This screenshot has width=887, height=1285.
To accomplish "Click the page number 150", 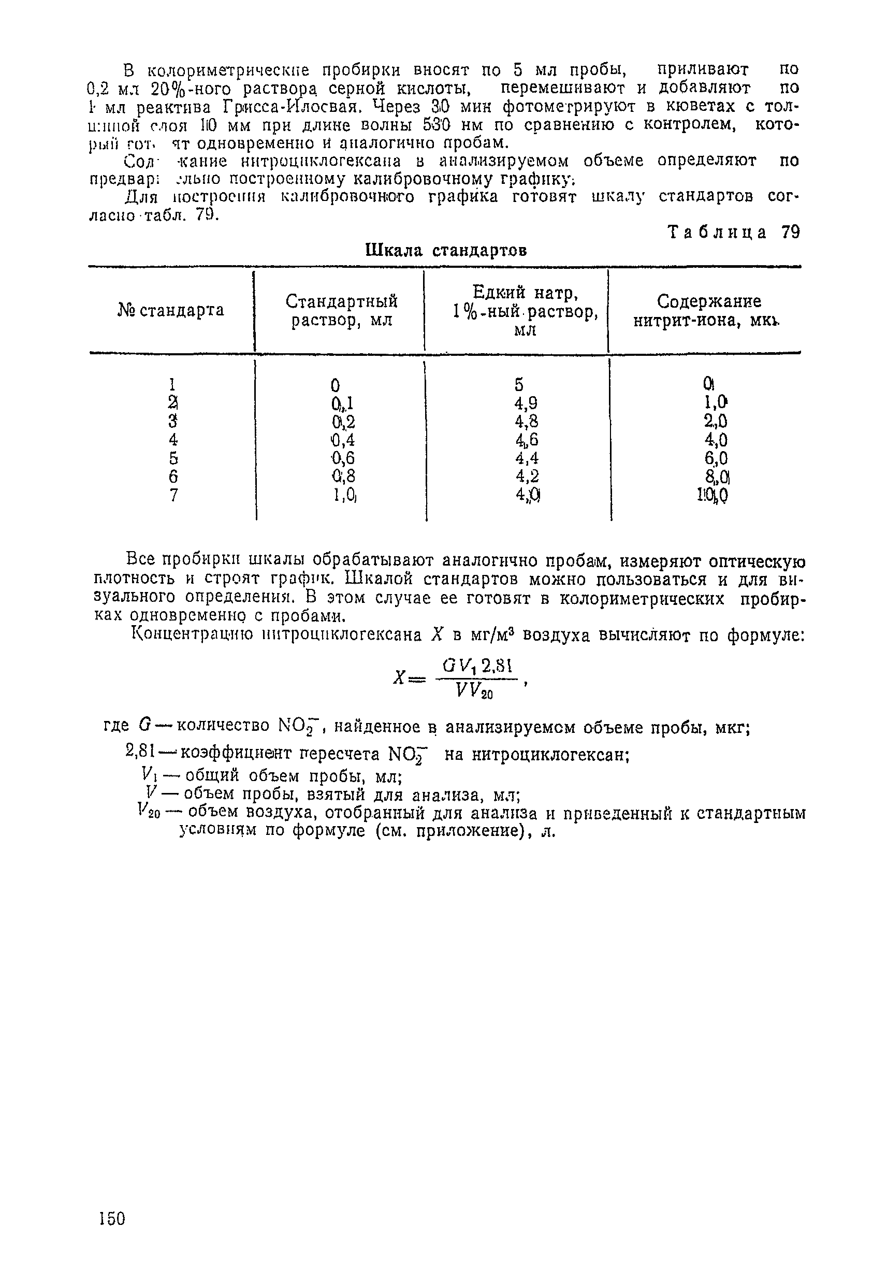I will click(x=112, y=1219).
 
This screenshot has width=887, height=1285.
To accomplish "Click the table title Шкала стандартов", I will click(x=446, y=251).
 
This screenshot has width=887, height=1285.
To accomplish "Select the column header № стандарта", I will click(x=171, y=310).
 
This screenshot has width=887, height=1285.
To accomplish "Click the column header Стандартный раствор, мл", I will click(x=341, y=311).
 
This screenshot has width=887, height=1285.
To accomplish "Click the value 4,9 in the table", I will click(x=526, y=402).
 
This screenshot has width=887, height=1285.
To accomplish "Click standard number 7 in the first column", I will click(x=173, y=495).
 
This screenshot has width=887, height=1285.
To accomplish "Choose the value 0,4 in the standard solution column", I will click(x=342, y=440).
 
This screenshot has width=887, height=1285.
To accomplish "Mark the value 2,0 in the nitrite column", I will click(x=715, y=421).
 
